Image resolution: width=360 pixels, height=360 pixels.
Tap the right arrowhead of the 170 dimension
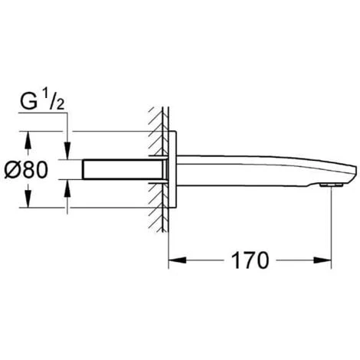tap(326, 260)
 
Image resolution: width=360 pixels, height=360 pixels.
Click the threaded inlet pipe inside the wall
tap(123, 169)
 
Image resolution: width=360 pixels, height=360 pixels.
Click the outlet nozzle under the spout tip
tap(331, 184)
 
